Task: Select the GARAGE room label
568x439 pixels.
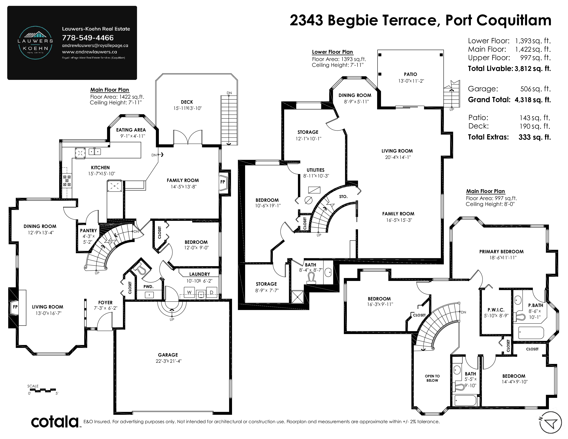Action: (x=168, y=355)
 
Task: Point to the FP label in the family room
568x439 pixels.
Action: (x=223, y=182)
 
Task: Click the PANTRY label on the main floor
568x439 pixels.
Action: (x=88, y=231)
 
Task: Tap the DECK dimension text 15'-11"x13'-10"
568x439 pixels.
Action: (x=187, y=108)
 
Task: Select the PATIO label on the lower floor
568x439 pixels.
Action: (x=410, y=74)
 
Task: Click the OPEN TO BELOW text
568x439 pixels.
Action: (x=432, y=378)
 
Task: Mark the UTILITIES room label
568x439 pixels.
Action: (x=315, y=170)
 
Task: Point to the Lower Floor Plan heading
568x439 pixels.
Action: (x=332, y=52)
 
